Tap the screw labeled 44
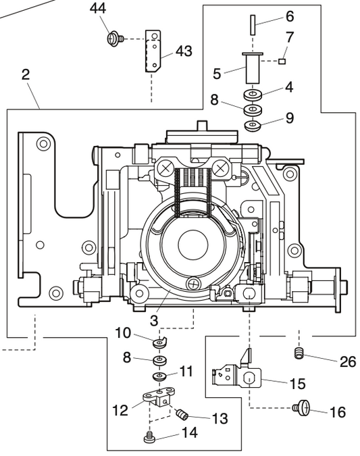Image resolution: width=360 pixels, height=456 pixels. coord(115,39)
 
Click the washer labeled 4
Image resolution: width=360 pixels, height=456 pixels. coord(253,93)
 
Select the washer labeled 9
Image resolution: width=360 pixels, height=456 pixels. coord(253,126)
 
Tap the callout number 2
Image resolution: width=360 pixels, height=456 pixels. coord(25,74)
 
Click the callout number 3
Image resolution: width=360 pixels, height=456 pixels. coord(155,318)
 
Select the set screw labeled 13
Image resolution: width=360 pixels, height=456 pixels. coord(181,413)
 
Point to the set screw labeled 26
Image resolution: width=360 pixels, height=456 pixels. coord(299,353)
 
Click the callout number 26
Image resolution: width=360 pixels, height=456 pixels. coord(347,362)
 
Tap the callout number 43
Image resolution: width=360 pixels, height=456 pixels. coord(183,51)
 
